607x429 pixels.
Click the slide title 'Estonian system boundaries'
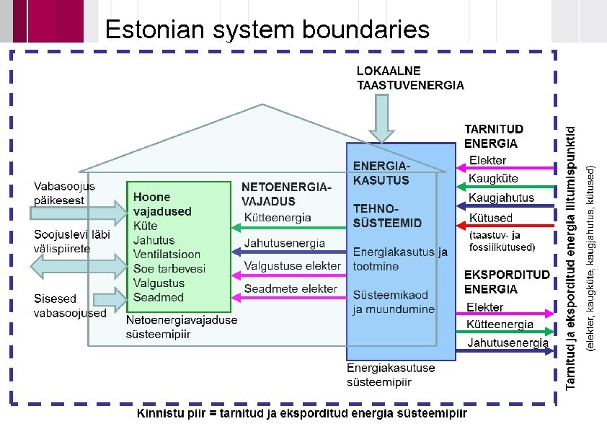[267, 30]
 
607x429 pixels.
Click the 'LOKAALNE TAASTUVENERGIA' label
[410, 78]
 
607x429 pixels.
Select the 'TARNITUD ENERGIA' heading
[494, 136]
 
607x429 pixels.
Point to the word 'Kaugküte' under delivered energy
[492, 178]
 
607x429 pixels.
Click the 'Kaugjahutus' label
[501, 198]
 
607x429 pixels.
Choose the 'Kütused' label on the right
[490, 218]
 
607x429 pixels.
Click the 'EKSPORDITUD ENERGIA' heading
[507, 282]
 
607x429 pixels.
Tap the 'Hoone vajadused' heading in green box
[162, 204]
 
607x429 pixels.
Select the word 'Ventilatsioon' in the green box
[167, 255]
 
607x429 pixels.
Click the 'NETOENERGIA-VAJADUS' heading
[286, 194]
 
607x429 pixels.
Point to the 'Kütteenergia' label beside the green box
[278, 217]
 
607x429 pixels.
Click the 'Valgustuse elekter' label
[292, 266]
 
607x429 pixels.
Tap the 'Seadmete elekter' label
[290, 289]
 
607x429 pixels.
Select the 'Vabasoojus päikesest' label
[64, 193]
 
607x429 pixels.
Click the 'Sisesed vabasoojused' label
[70, 306]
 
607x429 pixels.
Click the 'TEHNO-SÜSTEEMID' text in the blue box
[387, 215]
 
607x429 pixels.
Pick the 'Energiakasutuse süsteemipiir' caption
[391, 375]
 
